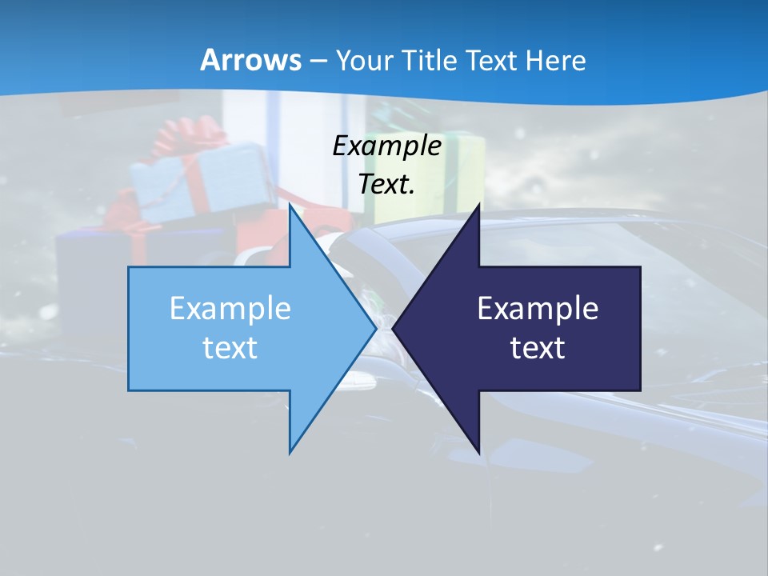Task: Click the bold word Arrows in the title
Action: (250, 60)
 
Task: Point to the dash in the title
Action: (318, 61)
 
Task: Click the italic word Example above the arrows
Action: (386, 146)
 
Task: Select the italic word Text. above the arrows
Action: (386, 184)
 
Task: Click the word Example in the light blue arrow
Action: (230, 309)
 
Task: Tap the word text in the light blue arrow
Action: (230, 348)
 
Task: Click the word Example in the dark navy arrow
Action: (538, 309)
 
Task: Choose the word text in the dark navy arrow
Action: (538, 348)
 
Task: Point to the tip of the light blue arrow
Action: (375, 328)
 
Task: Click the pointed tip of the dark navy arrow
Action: (394, 328)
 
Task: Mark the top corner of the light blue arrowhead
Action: (290, 206)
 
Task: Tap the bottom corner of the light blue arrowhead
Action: (290, 452)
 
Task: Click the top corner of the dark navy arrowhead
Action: (478, 206)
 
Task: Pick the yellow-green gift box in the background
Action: (448, 172)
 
